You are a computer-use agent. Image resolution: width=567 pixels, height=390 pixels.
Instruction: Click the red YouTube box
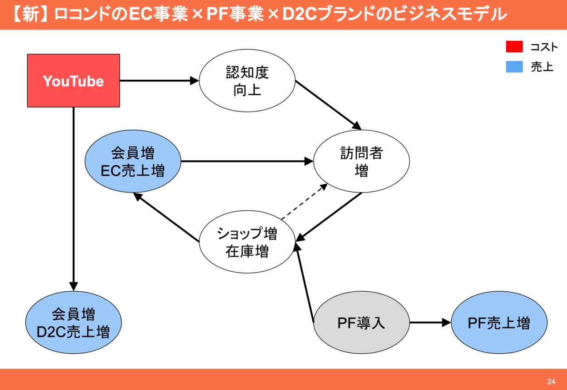click(x=74, y=81)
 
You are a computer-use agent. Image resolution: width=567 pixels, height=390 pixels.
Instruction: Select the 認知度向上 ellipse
click(x=247, y=81)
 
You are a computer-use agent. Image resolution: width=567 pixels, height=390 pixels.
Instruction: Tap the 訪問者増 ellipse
click(x=361, y=161)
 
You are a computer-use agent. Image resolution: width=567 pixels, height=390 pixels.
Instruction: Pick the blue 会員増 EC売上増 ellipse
click(x=133, y=161)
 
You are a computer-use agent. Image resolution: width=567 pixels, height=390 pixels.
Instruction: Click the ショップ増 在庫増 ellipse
click(x=247, y=242)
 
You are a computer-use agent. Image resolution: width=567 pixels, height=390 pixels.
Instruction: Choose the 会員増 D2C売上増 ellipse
click(x=74, y=323)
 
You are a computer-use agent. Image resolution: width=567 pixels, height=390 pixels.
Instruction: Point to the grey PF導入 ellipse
click(x=361, y=323)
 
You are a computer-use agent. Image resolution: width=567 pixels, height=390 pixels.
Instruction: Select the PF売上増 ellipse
click(x=499, y=323)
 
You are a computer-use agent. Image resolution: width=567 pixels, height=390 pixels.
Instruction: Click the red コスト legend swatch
click(x=514, y=46)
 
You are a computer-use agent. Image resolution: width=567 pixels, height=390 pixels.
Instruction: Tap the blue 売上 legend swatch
click(x=514, y=66)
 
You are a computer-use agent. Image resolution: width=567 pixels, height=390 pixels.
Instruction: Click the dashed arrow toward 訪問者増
click(x=304, y=201)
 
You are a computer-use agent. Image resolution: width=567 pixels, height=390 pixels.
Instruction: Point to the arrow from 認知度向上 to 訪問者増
click(x=328, y=105)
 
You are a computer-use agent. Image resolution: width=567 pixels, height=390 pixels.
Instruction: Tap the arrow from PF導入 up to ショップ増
click(x=305, y=283)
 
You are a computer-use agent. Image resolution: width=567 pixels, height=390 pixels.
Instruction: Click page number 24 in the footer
click(x=551, y=382)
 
